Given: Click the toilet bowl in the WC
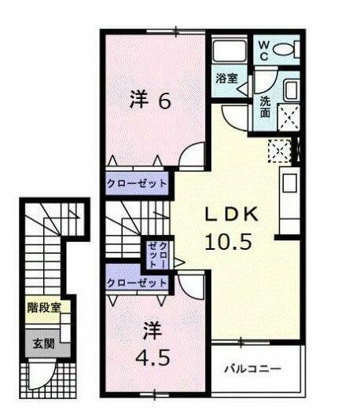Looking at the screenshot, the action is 283,49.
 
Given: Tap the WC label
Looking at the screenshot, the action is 263,51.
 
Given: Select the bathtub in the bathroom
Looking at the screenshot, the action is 230,52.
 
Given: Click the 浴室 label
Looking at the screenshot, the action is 226,78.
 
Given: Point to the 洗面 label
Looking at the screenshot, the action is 265,107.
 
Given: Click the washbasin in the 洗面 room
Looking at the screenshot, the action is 292,90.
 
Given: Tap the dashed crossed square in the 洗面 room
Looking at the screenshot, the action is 288,117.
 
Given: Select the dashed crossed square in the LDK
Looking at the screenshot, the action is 280,151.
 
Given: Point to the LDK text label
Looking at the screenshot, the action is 232,214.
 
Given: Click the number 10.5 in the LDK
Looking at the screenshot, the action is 228,242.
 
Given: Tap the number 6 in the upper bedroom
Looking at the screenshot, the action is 164,101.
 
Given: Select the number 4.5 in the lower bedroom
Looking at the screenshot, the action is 152,358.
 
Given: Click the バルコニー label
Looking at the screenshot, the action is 252,368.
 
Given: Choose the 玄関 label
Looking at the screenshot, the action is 43,344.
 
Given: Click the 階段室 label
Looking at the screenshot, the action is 44,308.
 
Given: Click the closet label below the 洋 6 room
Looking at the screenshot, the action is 137,183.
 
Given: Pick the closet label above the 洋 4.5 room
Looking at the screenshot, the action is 137,283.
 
